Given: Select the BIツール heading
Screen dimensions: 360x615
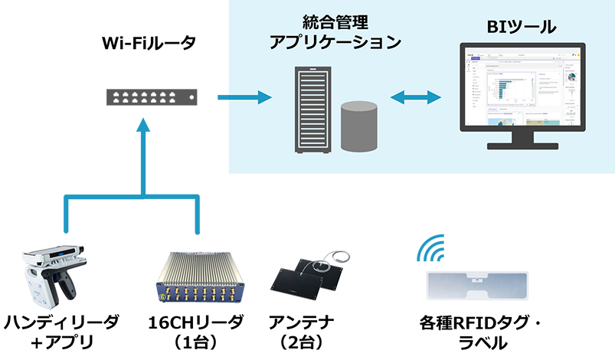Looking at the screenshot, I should [x=522, y=29].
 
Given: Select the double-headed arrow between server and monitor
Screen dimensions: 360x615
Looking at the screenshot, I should [x=416, y=97].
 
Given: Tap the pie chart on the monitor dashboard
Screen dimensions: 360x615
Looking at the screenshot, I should [x=570, y=77].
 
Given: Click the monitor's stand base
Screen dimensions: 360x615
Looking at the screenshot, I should [x=522, y=150].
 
